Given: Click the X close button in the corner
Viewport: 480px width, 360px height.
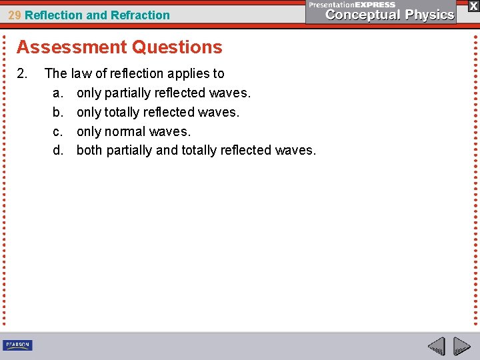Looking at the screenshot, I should coord(473,6).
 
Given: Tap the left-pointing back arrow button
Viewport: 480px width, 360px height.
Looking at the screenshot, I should coord(436,347).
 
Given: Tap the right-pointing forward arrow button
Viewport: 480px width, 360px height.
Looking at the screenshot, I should coord(461,347).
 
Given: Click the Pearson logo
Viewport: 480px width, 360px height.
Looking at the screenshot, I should coord(17,345).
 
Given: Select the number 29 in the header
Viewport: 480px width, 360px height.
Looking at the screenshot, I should coord(14,15).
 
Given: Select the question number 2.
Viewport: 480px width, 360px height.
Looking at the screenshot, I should coord(21,73).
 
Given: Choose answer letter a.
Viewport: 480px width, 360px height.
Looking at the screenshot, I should coord(57,93).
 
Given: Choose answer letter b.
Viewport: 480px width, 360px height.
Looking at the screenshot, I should coord(57,112).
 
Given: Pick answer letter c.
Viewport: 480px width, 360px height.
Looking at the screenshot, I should coord(57,131).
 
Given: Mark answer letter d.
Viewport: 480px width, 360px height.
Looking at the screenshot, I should coord(57,151).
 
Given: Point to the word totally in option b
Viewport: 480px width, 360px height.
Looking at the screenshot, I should coord(122,112).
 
